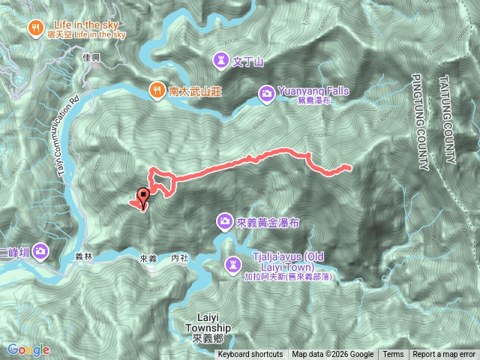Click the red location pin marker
point(142,196)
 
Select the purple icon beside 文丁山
point(221,58)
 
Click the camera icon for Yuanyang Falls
point(266,93)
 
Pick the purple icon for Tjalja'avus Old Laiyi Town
point(234,263)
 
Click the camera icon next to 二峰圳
point(41,250)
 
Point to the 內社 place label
point(179,257)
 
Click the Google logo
point(28,349)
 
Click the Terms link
point(393,354)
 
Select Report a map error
point(444,354)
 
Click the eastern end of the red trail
point(349,166)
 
